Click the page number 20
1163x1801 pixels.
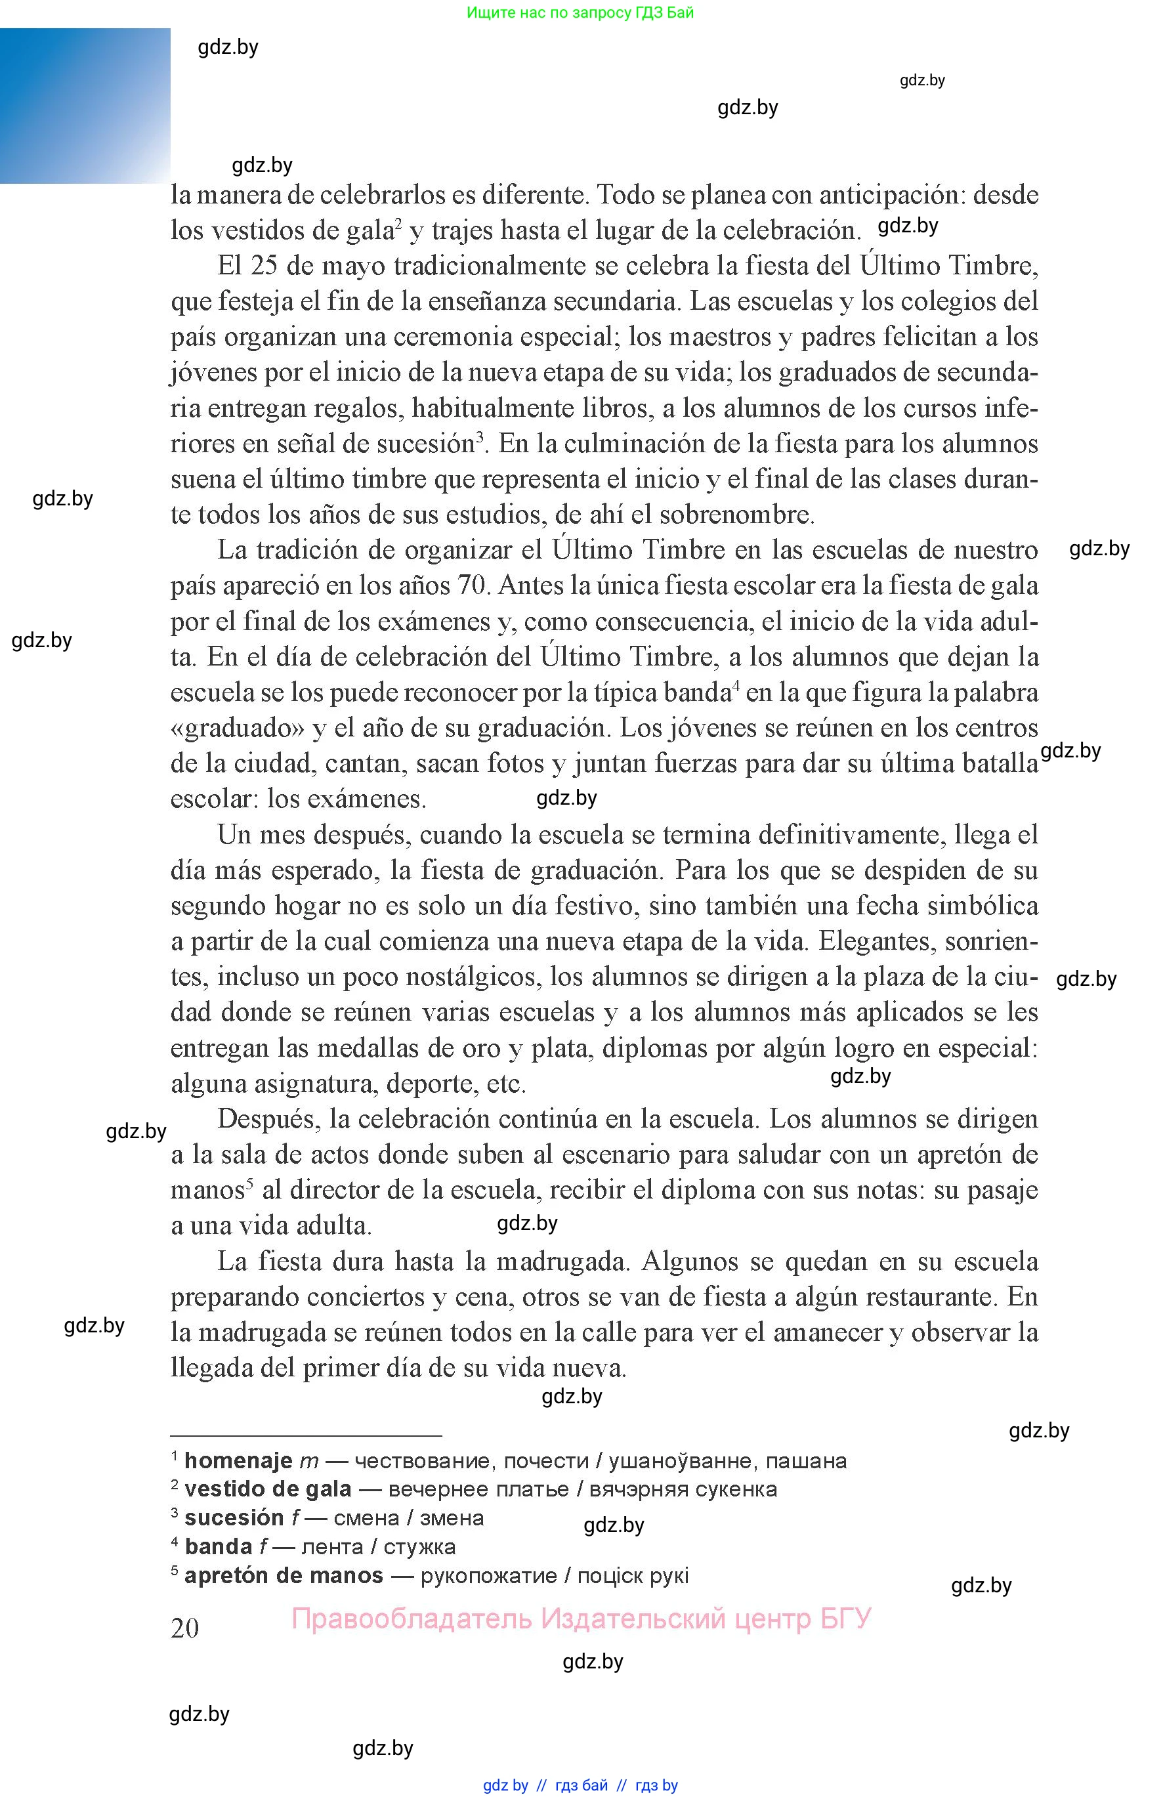[x=185, y=1628]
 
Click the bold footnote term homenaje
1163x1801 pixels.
[x=238, y=1461]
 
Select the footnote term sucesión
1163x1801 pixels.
[x=234, y=1519]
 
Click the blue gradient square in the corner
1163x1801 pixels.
[x=85, y=106]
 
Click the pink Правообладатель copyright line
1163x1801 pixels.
[x=581, y=1619]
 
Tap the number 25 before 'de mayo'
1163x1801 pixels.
[x=264, y=266]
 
